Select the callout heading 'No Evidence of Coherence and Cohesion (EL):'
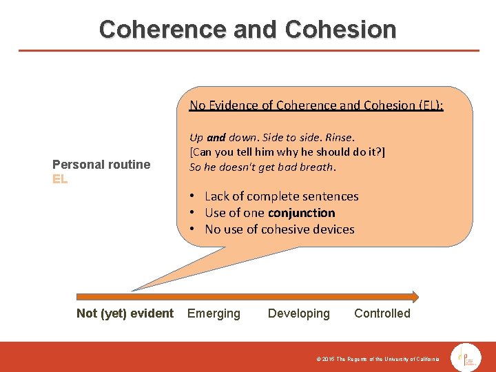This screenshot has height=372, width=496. click(x=316, y=105)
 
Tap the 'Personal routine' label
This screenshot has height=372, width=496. click(x=101, y=164)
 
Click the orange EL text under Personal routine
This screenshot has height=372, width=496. click(x=60, y=179)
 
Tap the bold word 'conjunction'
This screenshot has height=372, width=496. click(x=302, y=213)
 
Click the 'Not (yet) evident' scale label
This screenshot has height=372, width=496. click(x=125, y=313)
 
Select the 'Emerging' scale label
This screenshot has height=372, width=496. click(x=214, y=313)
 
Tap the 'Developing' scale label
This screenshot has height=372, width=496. click(x=299, y=313)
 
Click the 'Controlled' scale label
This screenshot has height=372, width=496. click(x=382, y=313)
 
